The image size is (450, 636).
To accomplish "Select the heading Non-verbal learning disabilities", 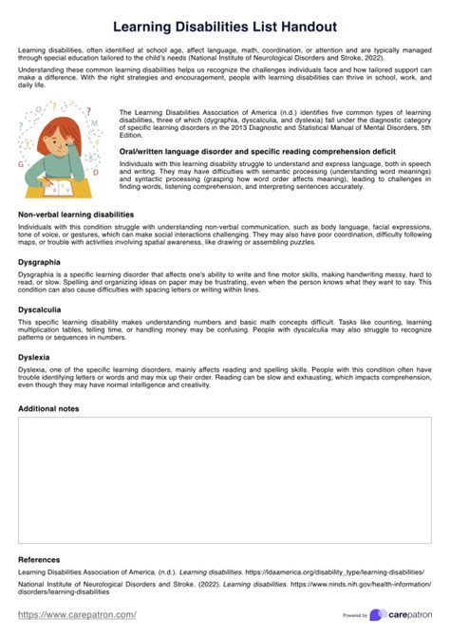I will (x=76, y=215).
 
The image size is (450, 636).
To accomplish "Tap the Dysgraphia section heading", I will (x=39, y=261).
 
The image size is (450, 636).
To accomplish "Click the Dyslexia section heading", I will (x=34, y=357).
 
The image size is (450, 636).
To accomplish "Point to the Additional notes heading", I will (x=48, y=408).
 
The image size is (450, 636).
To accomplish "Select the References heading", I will (x=39, y=559).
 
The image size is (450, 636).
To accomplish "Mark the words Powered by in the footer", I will (x=355, y=615).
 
